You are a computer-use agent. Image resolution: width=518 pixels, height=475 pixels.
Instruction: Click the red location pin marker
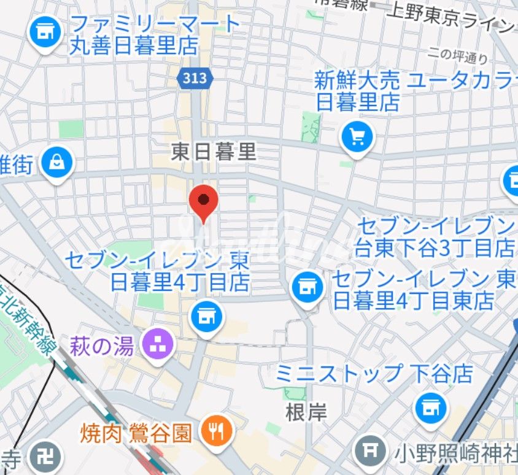[x=204, y=201]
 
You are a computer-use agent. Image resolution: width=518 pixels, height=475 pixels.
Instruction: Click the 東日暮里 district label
[x=213, y=152]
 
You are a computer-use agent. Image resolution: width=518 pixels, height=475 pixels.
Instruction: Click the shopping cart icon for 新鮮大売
[x=357, y=136]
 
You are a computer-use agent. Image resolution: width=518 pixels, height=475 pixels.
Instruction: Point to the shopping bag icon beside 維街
[x=57, y=164]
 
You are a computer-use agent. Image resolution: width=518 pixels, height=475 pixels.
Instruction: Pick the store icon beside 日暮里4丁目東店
[x=308, y=285]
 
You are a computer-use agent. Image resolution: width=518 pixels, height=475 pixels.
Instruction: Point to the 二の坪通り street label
[x=458, y=56]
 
